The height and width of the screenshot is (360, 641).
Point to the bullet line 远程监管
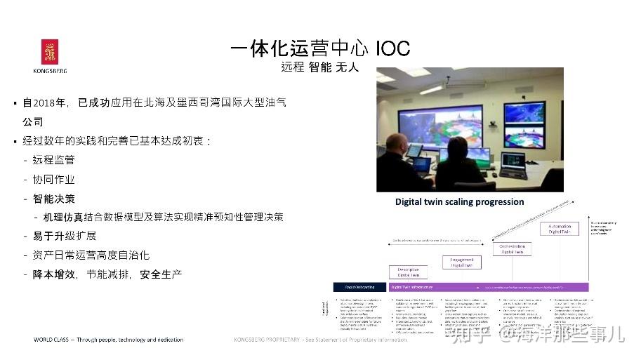53,160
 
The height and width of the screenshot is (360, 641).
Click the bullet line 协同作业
53,180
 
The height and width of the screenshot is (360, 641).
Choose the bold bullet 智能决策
53,199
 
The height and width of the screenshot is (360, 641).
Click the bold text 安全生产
161,274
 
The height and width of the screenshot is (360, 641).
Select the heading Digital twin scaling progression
459,202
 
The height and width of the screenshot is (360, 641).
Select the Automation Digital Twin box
559,228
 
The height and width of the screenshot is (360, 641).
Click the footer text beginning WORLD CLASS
109,340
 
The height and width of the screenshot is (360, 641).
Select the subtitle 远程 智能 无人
319,68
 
